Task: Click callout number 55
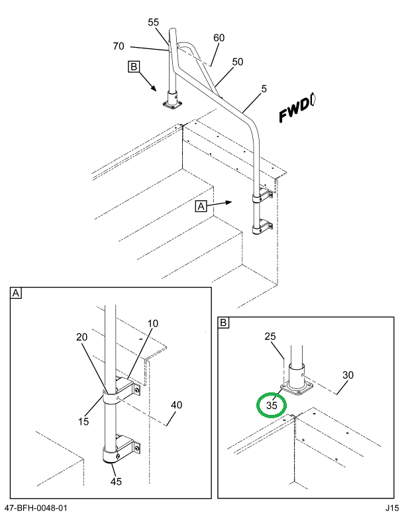(153, 22)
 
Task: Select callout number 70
(119, 46)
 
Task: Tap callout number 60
(219, 38)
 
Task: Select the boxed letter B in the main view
(134, 66)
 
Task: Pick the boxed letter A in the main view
(202, 206)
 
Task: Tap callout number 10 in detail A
(153, 323)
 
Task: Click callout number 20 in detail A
(81, 337)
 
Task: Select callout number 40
(176, 405)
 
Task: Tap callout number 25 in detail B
(271, 337)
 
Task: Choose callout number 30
(347, 375)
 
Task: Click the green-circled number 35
(271, 404)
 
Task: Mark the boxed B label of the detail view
(224, 323)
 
